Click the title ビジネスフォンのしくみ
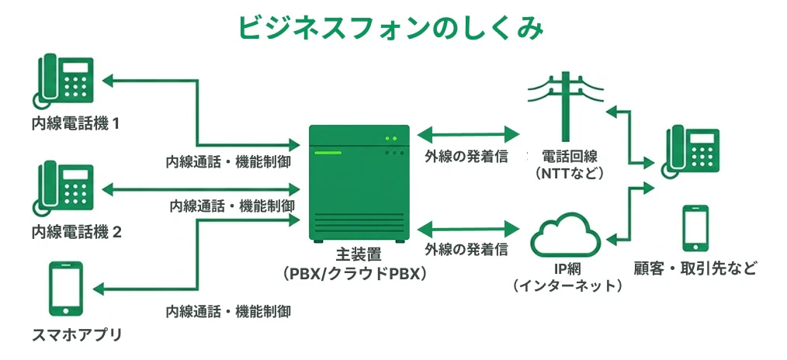click(x=391, y=27)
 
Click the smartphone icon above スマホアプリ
click(x=65, y=289)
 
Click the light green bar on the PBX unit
click(x=327, y=153)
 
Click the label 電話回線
click(x=568, y=155)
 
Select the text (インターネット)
click(x=568, y=286)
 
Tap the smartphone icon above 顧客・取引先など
click(x=695, y=229)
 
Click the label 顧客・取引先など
click(x=695, y=269)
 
